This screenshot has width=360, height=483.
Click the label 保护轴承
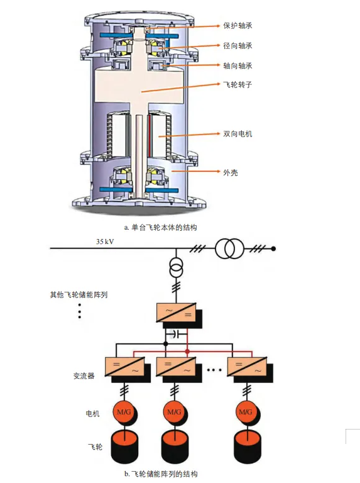pos(237,26)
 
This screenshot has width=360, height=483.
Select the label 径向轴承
pos(237,46)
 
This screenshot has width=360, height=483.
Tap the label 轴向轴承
pos(237,65)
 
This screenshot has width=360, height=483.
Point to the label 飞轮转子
pos(237,84)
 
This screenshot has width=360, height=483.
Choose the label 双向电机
pos(237,134)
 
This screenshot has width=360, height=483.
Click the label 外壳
pos(231,172)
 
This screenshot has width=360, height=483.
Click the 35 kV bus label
pos(105,241)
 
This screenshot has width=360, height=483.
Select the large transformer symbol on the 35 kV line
pos(229,249)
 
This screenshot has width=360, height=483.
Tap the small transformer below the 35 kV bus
pos(177,268)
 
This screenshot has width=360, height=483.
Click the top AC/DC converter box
pos(177,313)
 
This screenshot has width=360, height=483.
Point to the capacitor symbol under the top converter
pos(177,333)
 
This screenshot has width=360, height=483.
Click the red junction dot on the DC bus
pos(187,351)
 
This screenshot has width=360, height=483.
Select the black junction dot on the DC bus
pos(166,343)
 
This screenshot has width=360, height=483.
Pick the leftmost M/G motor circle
pos(124,412)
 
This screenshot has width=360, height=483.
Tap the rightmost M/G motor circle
pos(246,412)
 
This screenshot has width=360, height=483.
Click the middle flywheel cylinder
pos(175,447)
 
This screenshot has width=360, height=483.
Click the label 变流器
pos(84,375)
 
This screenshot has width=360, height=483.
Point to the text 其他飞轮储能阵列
pos(79,295)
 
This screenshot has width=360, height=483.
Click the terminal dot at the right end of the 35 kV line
pos(273,249)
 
